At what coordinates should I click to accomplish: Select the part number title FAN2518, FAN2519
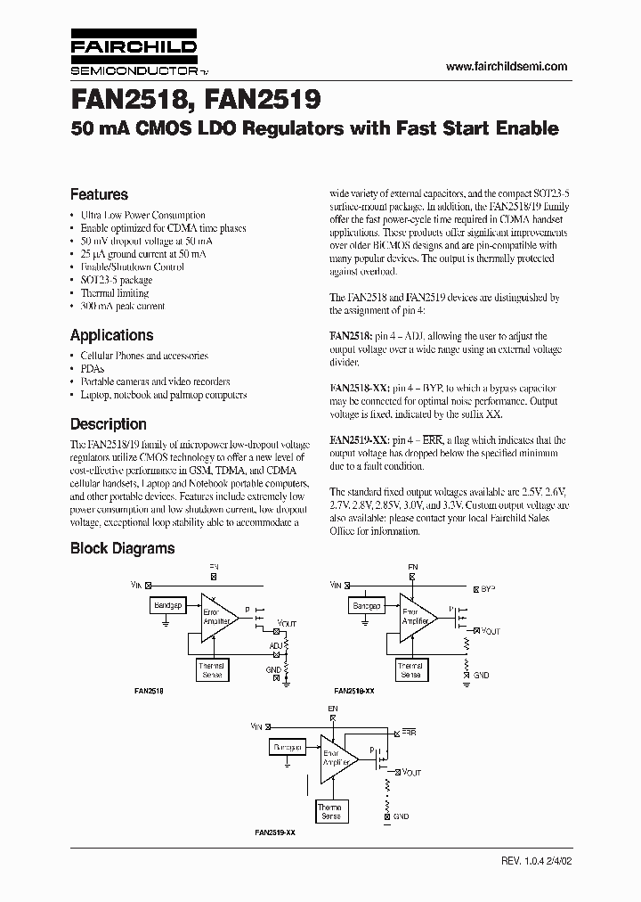196,95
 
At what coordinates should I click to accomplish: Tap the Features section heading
99,194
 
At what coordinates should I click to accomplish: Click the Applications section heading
111,335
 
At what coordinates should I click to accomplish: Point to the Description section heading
108,424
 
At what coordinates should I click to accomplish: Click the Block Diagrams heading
122,549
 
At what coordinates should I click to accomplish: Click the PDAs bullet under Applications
92,368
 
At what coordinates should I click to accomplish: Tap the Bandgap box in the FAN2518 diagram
168,605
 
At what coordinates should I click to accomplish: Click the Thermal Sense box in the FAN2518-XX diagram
410,669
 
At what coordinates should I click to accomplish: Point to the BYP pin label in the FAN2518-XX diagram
489,589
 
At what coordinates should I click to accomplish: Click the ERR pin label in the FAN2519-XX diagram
409,732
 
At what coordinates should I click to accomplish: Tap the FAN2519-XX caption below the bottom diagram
276,831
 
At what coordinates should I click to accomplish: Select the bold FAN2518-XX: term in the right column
359,389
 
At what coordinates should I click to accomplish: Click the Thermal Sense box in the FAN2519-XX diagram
330,810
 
